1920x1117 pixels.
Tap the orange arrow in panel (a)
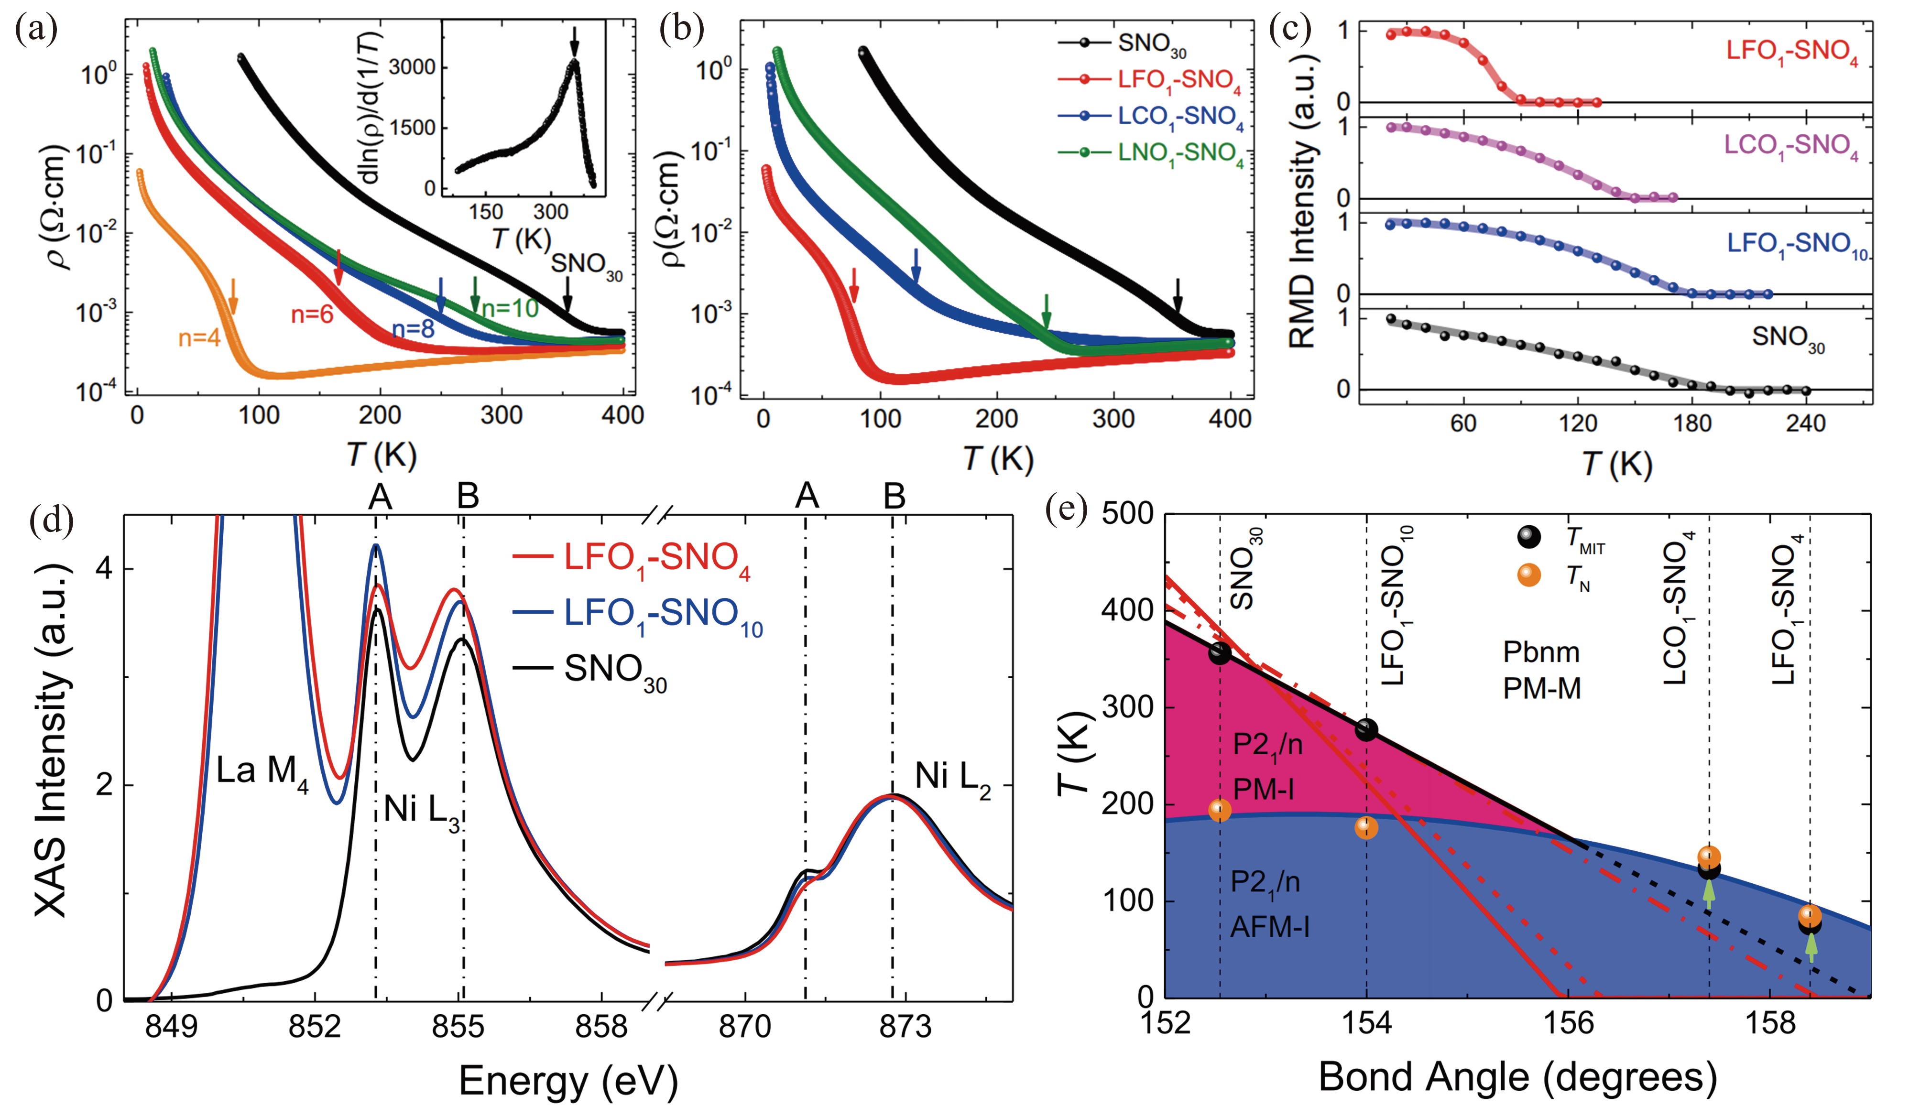234,296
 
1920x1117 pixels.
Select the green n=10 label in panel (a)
510,308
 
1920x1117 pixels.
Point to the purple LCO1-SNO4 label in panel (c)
1790,145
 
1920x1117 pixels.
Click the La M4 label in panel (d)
262,772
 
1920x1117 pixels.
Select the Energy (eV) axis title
567,1080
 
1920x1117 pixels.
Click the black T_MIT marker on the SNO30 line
1220,653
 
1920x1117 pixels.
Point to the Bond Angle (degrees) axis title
1518,1077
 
